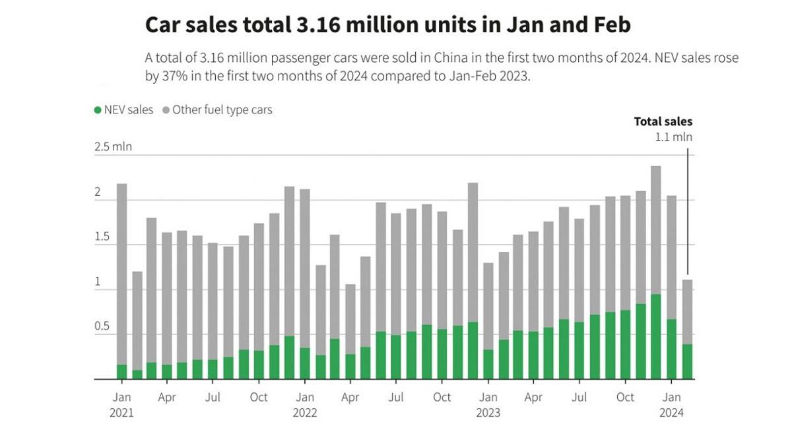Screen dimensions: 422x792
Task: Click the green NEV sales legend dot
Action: click(x=98, y=110)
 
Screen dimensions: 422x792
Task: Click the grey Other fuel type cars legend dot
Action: click(x=166, y=110)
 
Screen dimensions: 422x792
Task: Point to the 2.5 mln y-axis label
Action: click(x=113, y=146)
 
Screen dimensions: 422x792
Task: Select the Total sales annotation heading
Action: click(x=663, y=121)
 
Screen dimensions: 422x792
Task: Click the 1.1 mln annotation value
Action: click(x=673, y=137)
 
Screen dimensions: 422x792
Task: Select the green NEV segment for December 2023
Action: click(x=655, y=336)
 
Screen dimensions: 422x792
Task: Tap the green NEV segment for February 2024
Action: click(x=686, y=361)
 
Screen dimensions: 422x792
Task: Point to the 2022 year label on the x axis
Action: click(x=304, y=413)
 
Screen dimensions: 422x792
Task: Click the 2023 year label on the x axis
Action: click(x=488, y=413)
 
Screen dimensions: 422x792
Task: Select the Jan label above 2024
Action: click(x=671, y=398)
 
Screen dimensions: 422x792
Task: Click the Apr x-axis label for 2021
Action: click(x=167, y=398)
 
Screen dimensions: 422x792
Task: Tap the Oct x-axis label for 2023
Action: click(x=625, y=398)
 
